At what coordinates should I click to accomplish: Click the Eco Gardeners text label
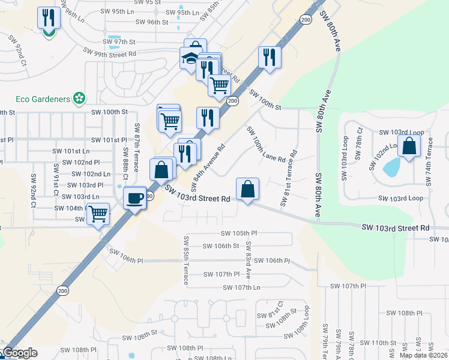pos(40,98)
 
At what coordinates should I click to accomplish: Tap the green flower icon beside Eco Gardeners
pos(78,98)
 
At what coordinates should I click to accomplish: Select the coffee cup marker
pos(135,197)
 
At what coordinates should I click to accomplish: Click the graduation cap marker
pos(190,58)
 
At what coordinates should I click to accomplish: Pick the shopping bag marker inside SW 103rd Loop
pos(409,146)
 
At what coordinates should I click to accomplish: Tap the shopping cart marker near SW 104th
pos(98,213)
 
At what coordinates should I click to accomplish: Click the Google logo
pos(19,353)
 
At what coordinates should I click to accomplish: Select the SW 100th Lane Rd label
pos(265,145)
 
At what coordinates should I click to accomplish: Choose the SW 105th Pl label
pos(239,233)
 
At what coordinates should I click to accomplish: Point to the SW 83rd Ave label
pos(248,261)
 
